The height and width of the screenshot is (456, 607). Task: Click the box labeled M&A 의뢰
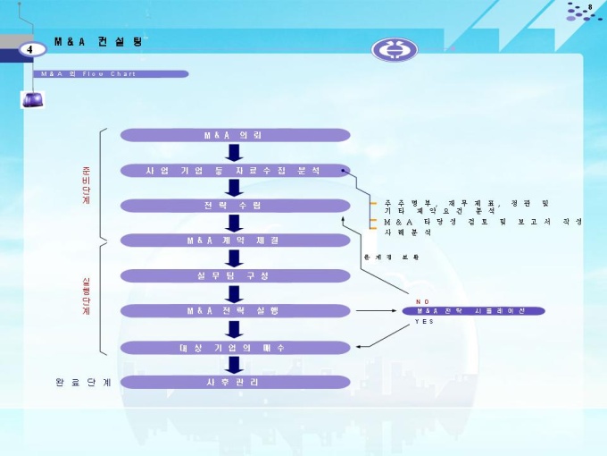233,134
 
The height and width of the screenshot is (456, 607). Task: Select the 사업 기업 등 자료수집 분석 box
233,170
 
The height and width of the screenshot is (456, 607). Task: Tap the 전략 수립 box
233,206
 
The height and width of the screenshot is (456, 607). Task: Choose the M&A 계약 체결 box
233,241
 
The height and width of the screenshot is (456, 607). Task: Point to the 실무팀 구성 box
233,275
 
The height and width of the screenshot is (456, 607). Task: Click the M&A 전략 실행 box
233,310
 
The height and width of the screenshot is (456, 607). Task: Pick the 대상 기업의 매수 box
233,347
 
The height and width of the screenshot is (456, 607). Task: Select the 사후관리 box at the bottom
233,382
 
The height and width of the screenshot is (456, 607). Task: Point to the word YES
425,321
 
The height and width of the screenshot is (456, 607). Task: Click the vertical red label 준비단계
87,186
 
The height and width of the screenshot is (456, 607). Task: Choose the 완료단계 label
83,383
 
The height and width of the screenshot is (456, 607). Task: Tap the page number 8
590,7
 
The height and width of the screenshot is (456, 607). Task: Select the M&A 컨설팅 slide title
97,42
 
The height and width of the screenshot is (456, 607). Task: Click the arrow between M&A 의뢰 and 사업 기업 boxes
233,152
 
